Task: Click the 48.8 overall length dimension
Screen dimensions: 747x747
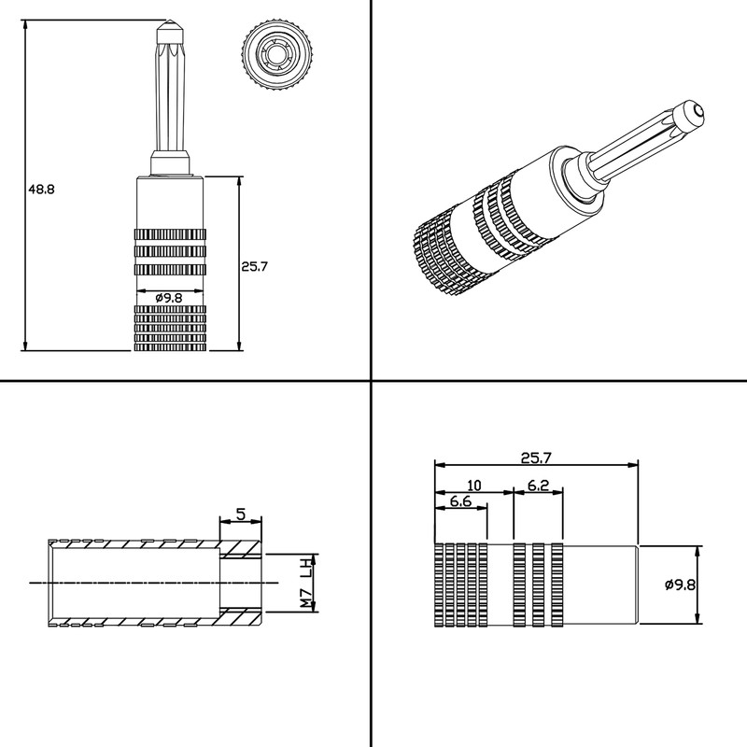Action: click(x=41, y=190)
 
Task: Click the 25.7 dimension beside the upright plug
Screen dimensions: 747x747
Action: click(x=254, y=266)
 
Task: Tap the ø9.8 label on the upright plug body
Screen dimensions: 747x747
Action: click(x=169, y=298)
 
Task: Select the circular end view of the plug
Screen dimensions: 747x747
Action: click(x=278, y=55)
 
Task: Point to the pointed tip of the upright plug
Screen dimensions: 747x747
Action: click(x=169, y=20)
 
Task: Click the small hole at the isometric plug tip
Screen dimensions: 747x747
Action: click(x=698, y=111)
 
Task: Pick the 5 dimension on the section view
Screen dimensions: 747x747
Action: click(x=241, y=514)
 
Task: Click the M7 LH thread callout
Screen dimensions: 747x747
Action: click(x=306, y=583)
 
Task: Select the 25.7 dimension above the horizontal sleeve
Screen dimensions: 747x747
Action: click(x=536, y=458)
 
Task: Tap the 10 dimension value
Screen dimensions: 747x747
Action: click(x=474, y=486)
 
